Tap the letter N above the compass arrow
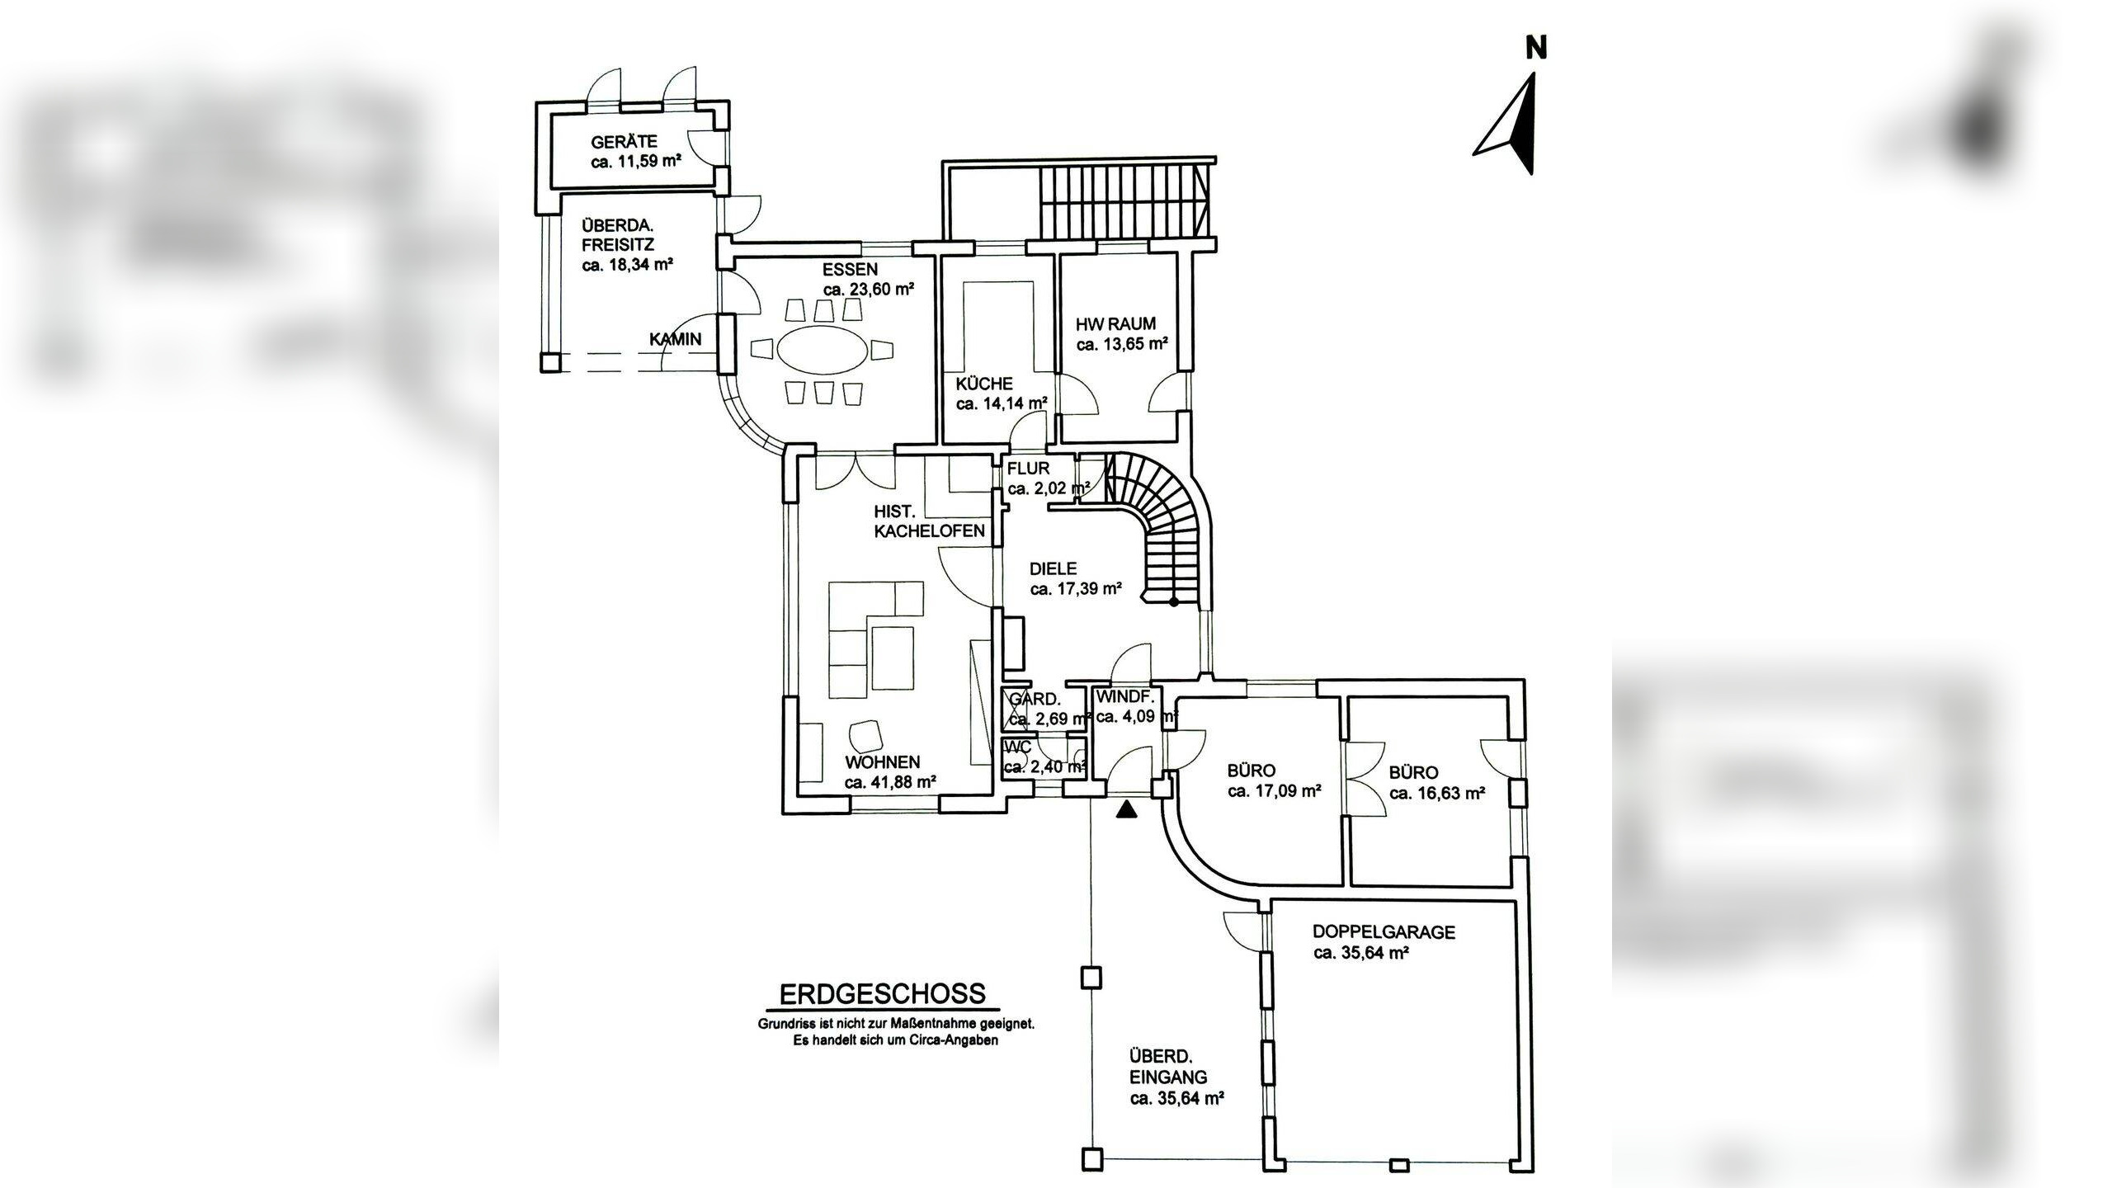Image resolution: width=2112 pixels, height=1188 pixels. [x=1535, y=49]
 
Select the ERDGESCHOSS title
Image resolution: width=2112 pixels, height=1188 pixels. [x=883, y=993]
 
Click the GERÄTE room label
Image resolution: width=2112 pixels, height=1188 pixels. [x=624, y=142]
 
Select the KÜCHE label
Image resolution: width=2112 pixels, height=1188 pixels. [x=984, y=384]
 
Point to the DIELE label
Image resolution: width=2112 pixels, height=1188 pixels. [x=1054, y=568]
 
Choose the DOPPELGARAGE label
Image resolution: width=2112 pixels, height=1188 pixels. [x=1384, y=932]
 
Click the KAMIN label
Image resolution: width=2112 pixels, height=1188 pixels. [x=676, y=338]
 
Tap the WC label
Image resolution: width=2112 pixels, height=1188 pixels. [x=1020, y=748]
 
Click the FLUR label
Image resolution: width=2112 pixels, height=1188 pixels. [x=1028, y=469]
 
